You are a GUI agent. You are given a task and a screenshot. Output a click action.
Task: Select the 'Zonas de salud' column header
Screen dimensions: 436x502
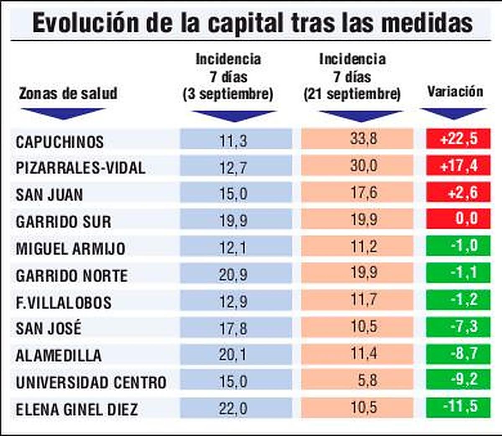click(68, 93)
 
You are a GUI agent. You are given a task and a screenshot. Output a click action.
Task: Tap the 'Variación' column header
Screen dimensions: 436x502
click(455, 92)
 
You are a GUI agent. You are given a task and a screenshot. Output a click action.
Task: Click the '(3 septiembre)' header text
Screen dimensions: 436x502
click(228, 94)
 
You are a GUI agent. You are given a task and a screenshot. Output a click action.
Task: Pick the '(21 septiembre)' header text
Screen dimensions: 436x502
click(352, 94)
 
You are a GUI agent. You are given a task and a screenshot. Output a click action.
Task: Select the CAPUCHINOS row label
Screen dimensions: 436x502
click(60, 142)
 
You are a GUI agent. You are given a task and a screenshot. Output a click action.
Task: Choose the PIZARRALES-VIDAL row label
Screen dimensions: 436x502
click(81, 168)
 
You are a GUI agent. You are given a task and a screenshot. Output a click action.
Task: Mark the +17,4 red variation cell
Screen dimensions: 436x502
click(458, 166)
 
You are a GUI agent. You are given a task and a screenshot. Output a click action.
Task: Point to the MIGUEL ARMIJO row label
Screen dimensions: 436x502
click(70, 248)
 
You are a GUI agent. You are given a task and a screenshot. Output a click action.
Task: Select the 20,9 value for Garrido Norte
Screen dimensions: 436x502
click(233, 275)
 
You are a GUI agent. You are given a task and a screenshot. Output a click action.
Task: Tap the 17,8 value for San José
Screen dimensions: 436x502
click(233, 328)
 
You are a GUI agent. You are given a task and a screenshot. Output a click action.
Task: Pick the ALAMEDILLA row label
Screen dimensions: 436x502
click(59, 355)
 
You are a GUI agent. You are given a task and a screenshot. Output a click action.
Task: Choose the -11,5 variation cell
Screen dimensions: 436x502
click(459, 406)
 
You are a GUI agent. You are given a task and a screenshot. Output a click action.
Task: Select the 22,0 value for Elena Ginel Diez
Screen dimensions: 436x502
click(233, 408)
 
